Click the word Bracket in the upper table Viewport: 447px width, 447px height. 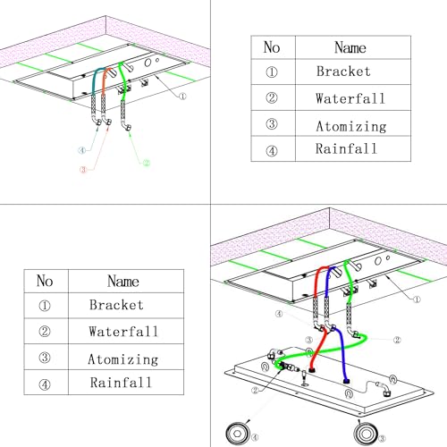tap(343, 72)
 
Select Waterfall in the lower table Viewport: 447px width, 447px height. tap(123, 332)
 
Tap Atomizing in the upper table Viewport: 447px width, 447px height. tap(351, 126)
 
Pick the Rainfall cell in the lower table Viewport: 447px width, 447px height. tap(121, 383)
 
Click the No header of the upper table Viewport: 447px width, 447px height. tap(272, 47)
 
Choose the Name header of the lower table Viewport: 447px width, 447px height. tap(123, 282)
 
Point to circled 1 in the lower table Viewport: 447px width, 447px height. tap(45, 306)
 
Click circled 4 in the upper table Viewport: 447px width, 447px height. tap(272, 151)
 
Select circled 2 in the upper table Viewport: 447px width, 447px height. tap(272, 97)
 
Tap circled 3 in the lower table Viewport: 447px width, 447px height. tap(45, 358)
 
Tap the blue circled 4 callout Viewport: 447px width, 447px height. tap(82, 150)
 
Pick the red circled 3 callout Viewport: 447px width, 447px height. tap(83, 170)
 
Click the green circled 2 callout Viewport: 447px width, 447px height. tap(147, 163)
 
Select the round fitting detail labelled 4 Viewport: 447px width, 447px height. tap(237, 434)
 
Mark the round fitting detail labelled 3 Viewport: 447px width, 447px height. tap(366, 434)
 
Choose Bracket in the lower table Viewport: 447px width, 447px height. tap(116, 305)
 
